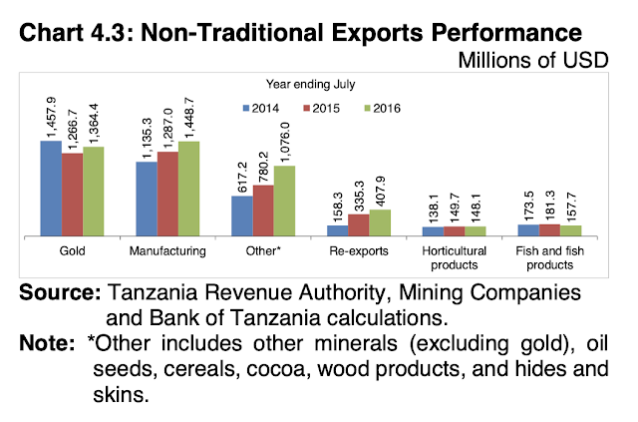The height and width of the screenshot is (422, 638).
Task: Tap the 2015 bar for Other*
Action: (262, 210)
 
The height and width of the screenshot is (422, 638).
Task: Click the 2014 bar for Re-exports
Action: (337, 230)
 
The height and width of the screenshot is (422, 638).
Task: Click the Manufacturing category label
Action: (167, 250)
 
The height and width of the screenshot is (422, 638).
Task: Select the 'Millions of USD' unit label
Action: (544, 59)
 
